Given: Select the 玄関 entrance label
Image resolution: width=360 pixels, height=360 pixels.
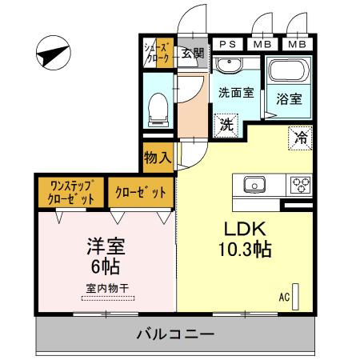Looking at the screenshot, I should point(191,54).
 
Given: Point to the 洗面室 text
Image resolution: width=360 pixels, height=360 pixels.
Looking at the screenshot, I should point(236,92).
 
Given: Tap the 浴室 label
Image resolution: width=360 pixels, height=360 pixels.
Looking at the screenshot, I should point(288,99).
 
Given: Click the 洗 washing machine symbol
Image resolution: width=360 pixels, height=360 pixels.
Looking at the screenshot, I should point(227,125).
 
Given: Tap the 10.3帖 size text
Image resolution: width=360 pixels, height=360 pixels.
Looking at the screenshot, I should point(246,250).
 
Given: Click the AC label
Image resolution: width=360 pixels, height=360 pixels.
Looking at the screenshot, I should point(283,296).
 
